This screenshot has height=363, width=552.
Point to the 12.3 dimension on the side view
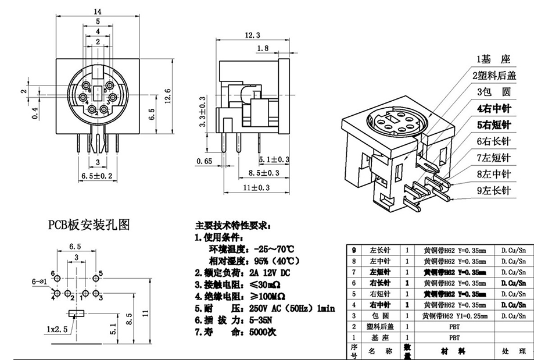(x=252, y=35)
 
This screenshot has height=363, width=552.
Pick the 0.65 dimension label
(x=204, y=161)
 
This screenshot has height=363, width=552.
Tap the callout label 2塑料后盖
(x=494, y=76)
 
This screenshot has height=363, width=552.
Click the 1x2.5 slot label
(x=56, y=329)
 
